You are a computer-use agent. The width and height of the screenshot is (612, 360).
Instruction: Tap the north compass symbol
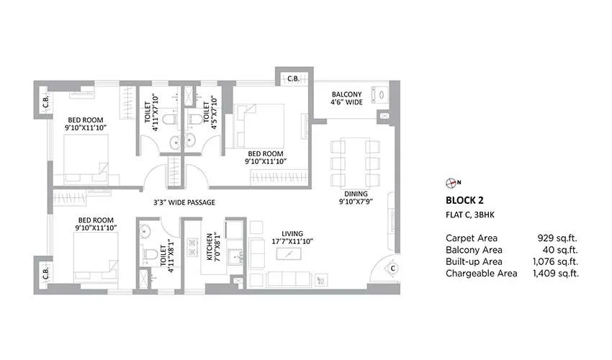coord(451,182)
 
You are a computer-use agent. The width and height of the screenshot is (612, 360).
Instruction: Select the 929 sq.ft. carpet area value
coord(558,238)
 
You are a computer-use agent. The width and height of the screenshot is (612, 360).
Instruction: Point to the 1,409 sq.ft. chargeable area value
coord(555,274)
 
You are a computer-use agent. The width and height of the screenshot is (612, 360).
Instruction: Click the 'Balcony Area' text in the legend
coord(474,250)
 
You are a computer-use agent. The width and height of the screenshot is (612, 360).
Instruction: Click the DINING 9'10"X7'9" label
coord(356,199)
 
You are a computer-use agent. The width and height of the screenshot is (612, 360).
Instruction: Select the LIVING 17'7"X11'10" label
coord(292,237)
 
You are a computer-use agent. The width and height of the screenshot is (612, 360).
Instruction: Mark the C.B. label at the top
coord(294,78)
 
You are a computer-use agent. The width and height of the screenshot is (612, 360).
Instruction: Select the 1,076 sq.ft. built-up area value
coord(555,261)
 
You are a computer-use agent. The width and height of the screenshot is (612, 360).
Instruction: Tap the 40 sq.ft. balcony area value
coord(562,250)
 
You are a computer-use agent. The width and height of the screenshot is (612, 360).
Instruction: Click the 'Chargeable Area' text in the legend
coord(481,274)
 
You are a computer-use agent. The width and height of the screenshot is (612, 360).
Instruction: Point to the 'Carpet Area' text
coord(472,238)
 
